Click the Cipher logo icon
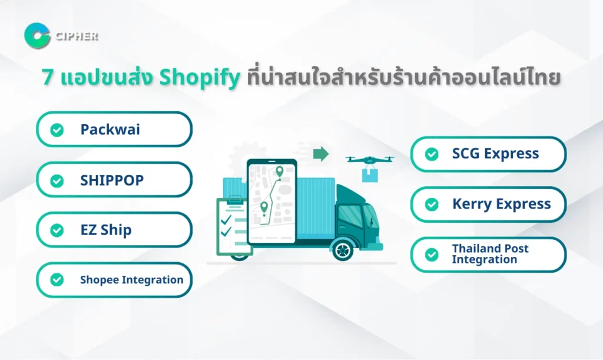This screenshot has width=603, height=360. click(x=37, y=36)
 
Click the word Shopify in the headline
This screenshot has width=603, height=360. click(x=200, y=78)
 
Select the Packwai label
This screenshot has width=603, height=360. click(x=110, y=130)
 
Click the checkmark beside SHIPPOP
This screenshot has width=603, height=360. click(x=57, y=181)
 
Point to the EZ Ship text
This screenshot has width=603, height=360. click(x=106, y=230)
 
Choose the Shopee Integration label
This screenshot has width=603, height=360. click(x=131, y=280)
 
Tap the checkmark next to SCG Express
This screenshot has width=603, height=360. click(x=432, y=154)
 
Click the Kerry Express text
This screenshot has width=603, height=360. click(x=502, y=204)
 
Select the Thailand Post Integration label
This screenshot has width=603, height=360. click(x=491, y=254)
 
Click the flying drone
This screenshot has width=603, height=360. click(x=369, y=160)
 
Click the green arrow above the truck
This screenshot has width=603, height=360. click(x=321, y=154)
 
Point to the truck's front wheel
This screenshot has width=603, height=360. click(x=342, y=250)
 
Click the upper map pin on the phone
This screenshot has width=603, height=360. click(x=280, y=171)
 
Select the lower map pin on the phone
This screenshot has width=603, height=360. click(x=264, y=207)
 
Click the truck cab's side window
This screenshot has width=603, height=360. click(x=350, y=216)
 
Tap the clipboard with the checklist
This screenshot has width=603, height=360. click(x=234, y=226)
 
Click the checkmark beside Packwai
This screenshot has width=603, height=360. click(x=57, y=130)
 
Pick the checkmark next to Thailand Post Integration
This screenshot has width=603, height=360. click(x=432, y=255)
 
